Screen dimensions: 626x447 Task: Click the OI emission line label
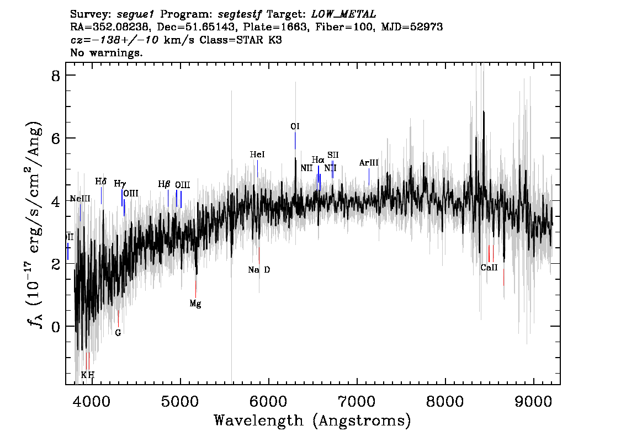295,126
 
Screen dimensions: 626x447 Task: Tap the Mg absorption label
195,304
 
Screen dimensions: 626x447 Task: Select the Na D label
259,270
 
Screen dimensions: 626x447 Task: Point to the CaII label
489,268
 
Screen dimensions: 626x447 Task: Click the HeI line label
257,155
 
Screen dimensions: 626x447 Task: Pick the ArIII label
369,163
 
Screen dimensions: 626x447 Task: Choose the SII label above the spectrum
333,155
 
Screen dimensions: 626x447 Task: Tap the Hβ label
164,184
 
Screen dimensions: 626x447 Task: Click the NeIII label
80,198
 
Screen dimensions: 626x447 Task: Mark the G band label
118,333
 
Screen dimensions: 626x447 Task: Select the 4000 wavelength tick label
92,401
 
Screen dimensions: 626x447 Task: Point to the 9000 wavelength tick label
533,401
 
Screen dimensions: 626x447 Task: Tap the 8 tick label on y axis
56,76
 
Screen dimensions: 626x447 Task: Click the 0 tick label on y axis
56,327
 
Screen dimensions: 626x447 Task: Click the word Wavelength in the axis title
259,421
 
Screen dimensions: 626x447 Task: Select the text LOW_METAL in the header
344,14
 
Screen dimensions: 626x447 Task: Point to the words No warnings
107,52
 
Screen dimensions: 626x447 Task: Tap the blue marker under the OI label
295,141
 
